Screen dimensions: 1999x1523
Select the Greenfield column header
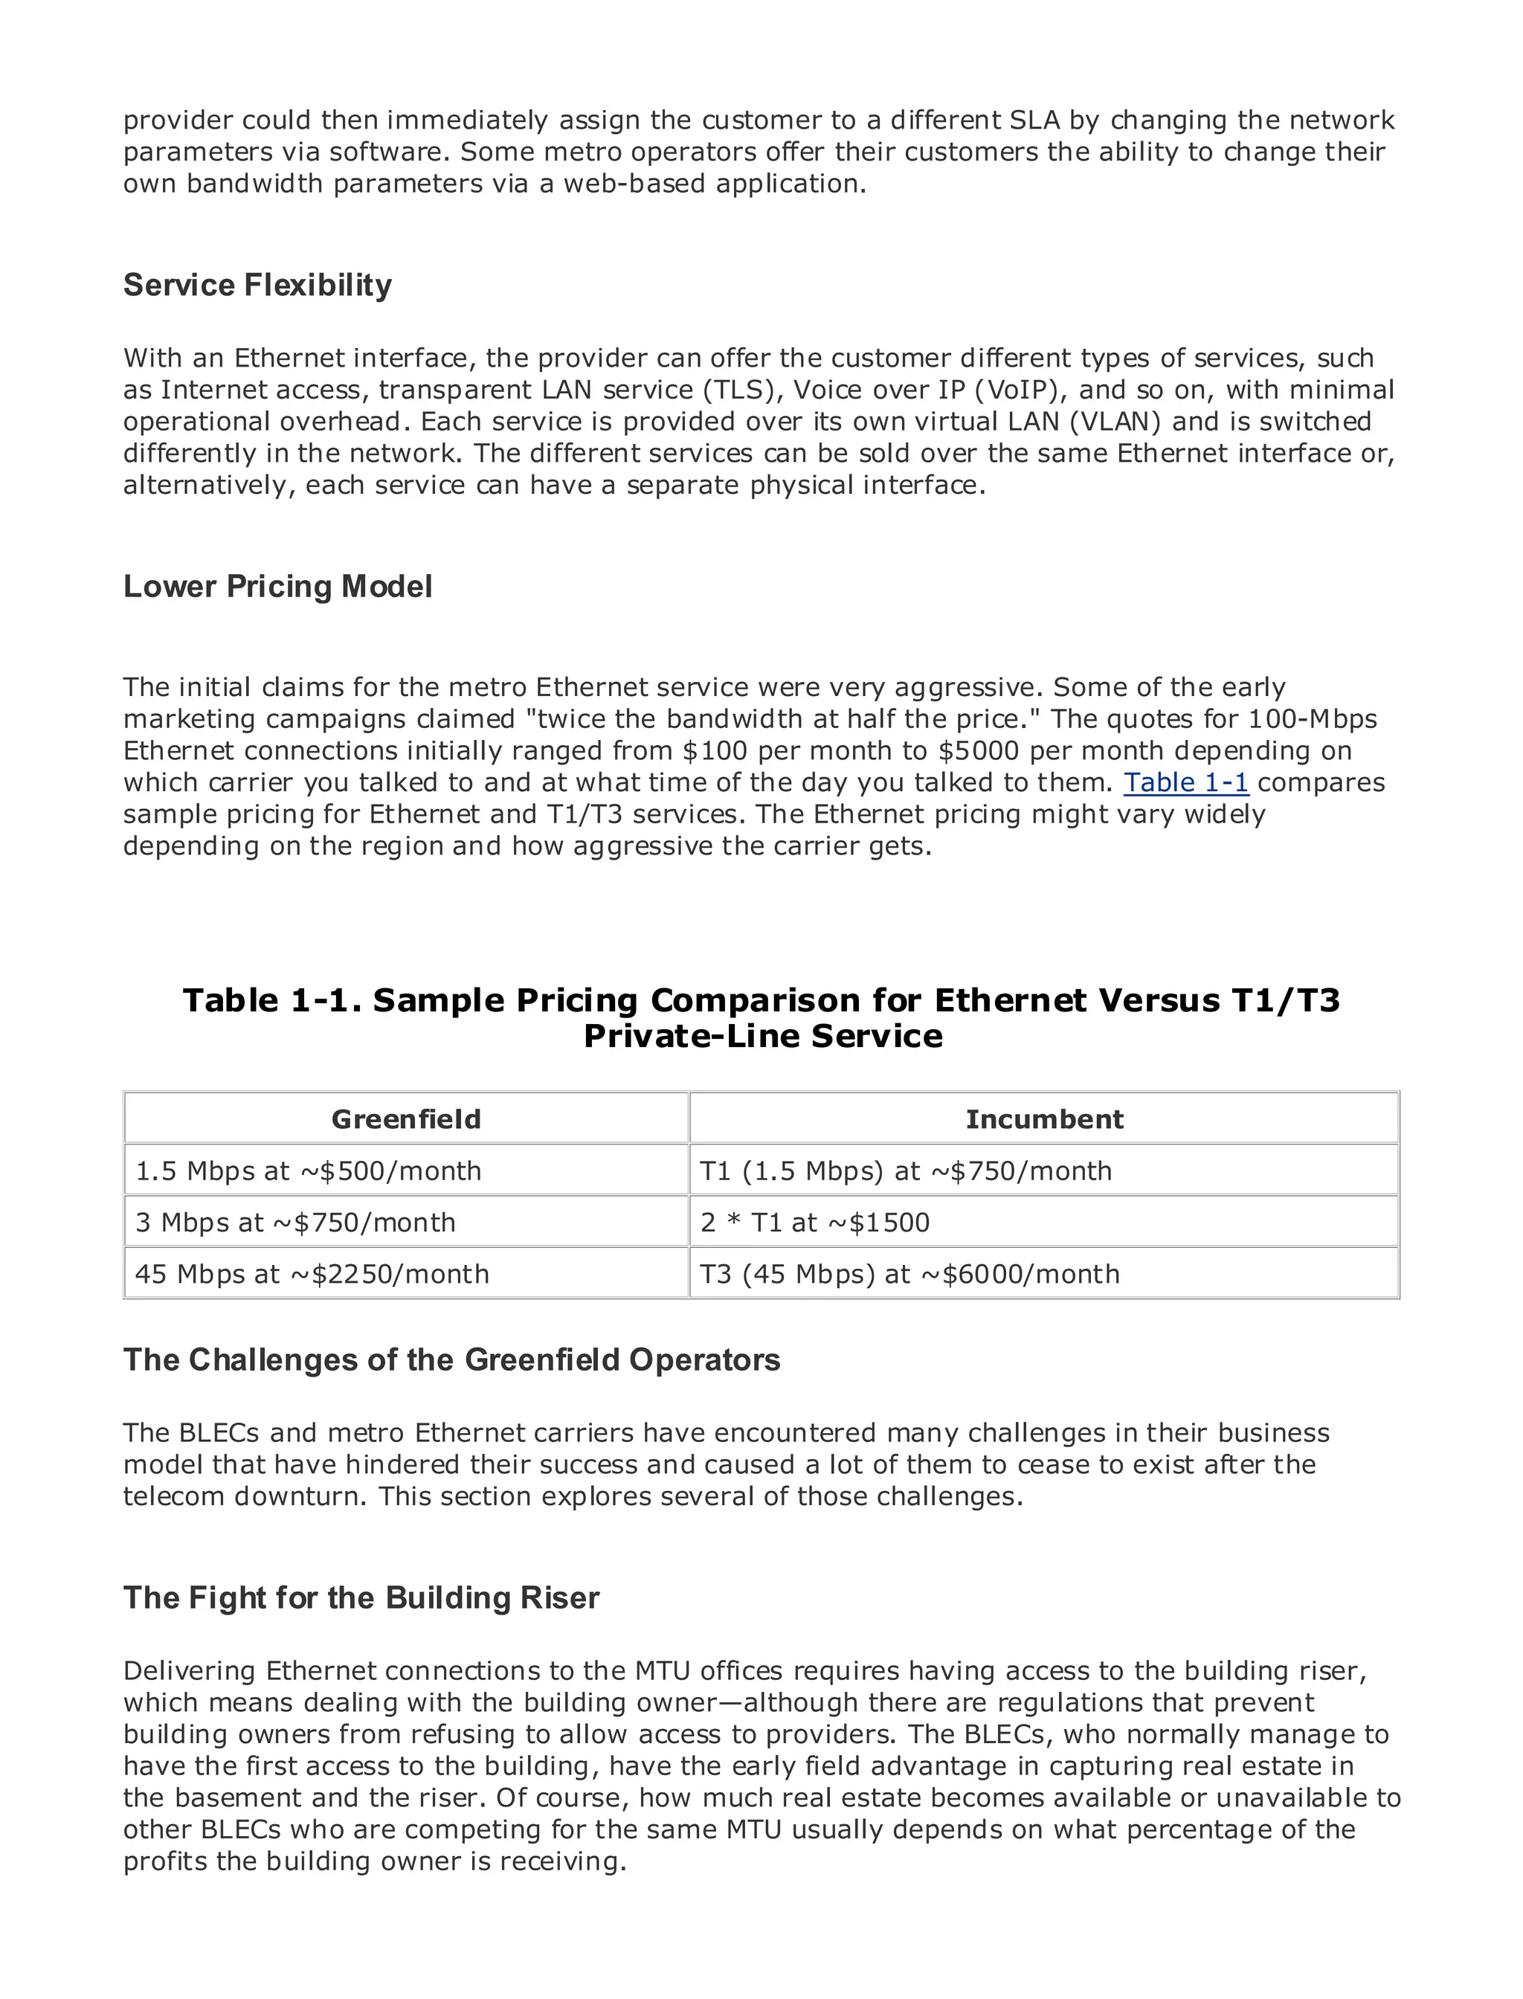point(405,1118)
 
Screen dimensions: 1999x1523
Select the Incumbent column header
point(1043,1118)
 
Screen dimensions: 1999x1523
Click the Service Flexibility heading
point(257,285)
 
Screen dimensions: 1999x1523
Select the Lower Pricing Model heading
point(277,587)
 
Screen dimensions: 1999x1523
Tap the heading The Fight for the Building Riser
point(361,1597)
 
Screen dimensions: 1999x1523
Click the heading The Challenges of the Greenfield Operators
point(451,1360)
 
